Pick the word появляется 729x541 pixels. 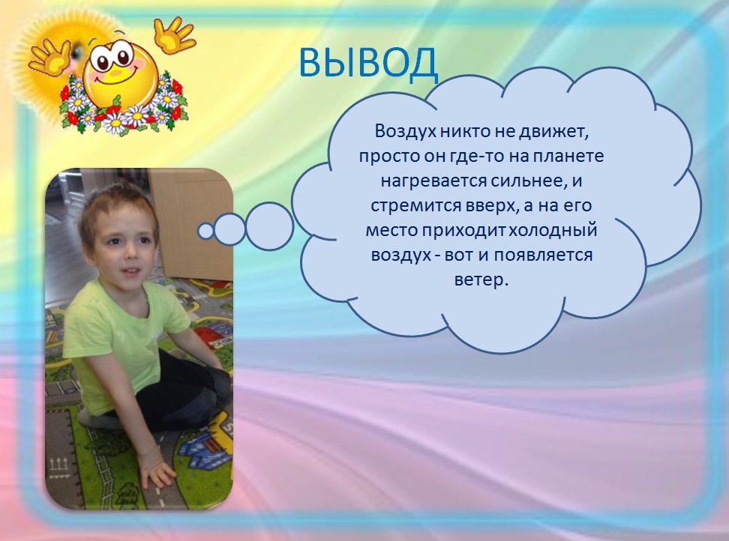(x=543, y=256)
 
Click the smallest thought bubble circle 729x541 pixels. (x=205, y=231)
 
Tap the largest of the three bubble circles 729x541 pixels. (x=269, y=226)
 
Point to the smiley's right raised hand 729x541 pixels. (x=174, y=34)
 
